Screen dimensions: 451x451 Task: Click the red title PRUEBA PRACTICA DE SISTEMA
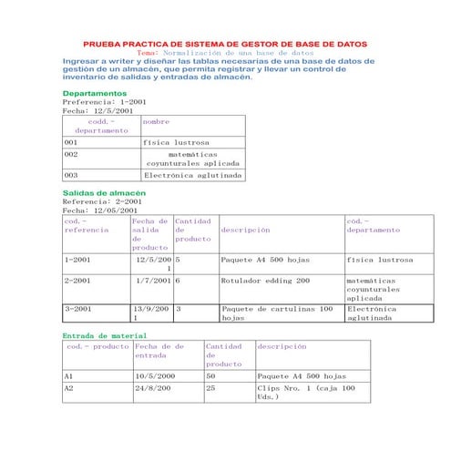coord(225,44)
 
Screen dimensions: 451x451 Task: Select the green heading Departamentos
coord(94,94)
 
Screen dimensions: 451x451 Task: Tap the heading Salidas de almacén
coord(103,193)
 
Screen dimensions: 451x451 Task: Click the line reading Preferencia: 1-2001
coord(97,103)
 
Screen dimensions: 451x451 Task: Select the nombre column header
coord(157,120)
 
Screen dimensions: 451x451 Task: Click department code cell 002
coord(71,155)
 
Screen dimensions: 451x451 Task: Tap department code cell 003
coord(71,175)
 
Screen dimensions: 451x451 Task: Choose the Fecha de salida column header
coord(150,233)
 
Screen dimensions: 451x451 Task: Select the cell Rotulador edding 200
coord(265,281)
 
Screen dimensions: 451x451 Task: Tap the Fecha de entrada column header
coord(159,351)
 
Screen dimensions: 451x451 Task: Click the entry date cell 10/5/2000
coord(154,375)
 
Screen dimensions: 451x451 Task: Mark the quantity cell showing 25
coord(211,387)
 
